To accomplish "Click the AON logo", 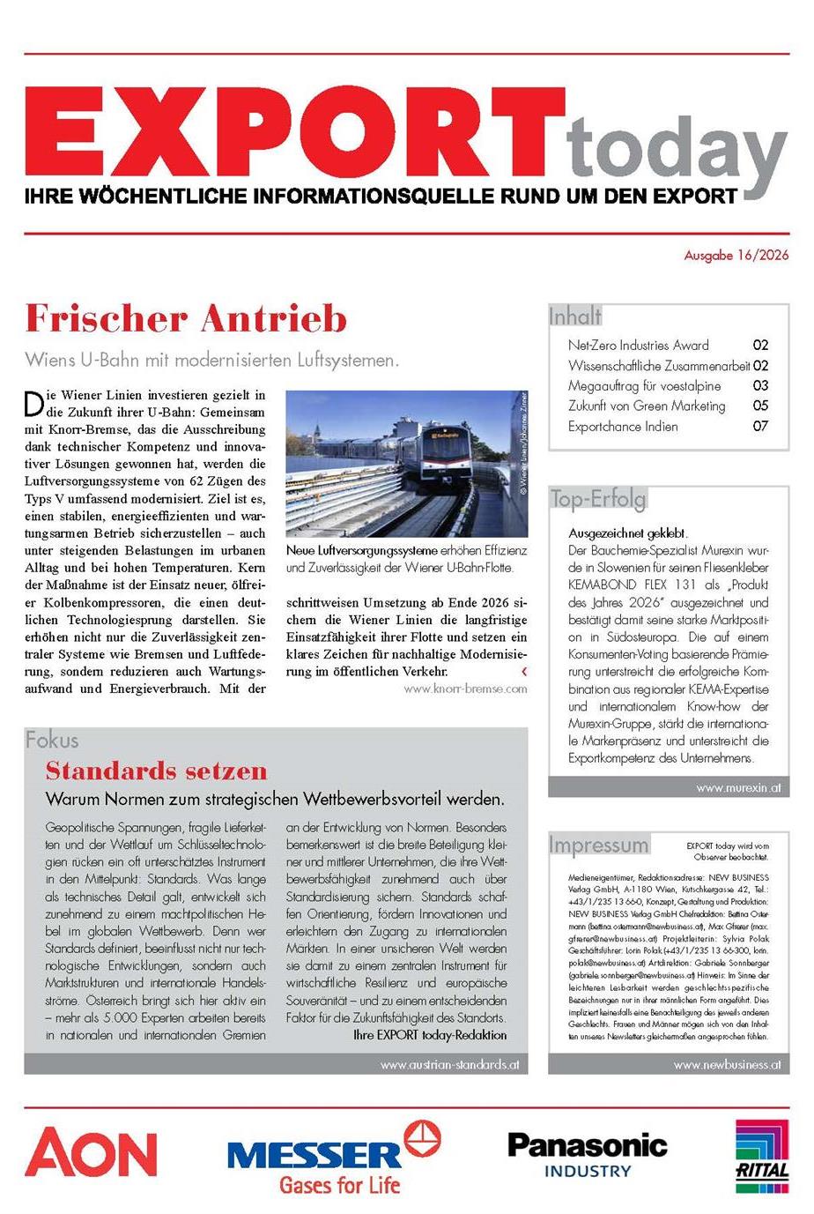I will tap(91, 1153).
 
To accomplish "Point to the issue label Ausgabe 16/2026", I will tap(736, 256).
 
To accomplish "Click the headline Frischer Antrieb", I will tap(186, 318).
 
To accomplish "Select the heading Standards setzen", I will tap(156, 771).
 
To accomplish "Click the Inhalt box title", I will tap(574, 316).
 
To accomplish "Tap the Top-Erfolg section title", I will tap(597, 499).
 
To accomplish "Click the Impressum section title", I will tap(598, 845).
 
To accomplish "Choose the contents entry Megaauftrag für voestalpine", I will tap(644, 385).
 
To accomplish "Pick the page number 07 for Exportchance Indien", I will tap(760, 426).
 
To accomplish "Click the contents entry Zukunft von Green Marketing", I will tap(647, 406).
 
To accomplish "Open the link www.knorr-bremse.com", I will tap(465, 689).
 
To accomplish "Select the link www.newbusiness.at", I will tap(727, 1064).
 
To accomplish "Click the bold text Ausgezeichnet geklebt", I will tap(628, 533).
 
